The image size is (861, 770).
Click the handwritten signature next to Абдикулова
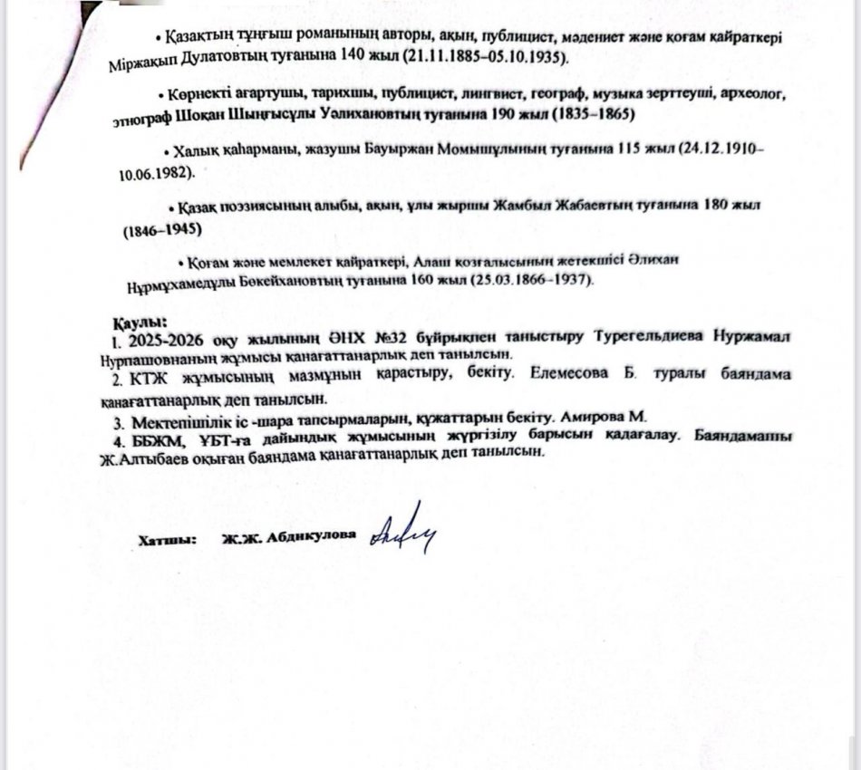click(404, 528)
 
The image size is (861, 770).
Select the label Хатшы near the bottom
click(168, 540)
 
